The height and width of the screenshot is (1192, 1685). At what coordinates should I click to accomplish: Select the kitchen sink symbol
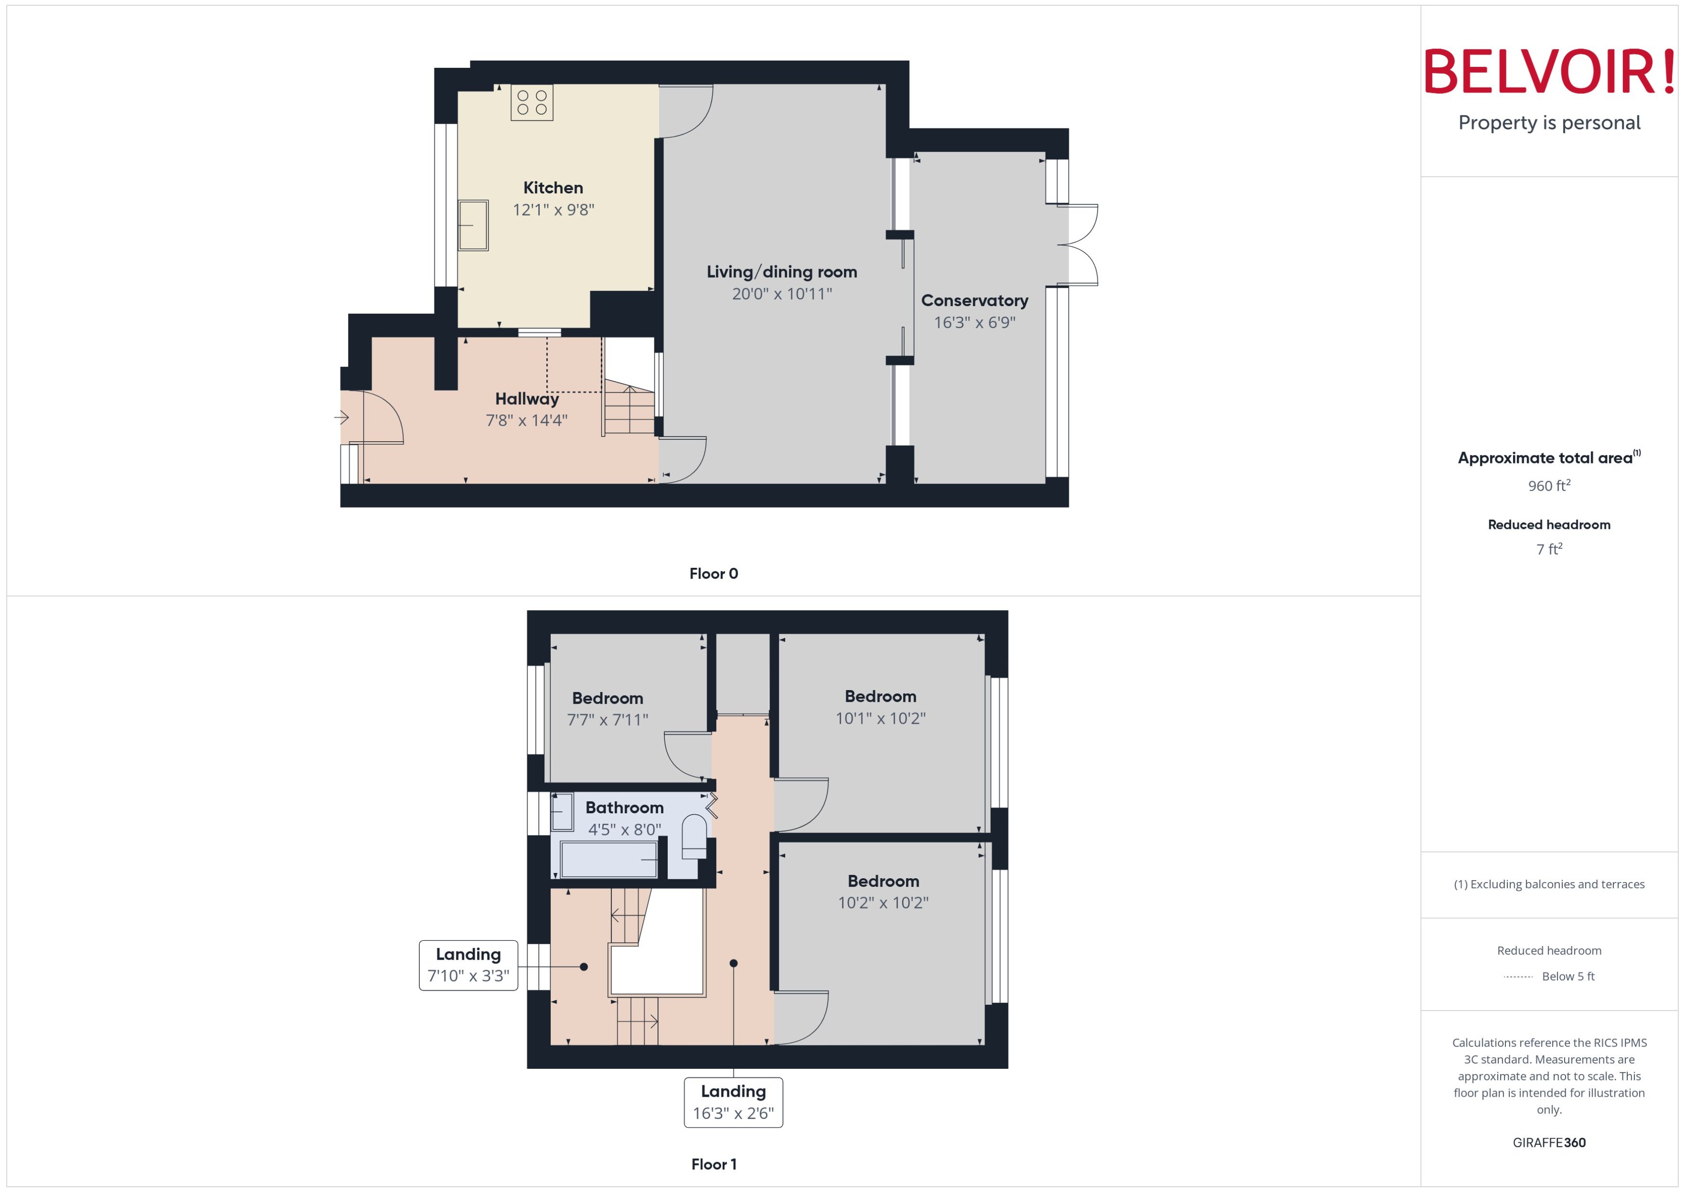(473, 225)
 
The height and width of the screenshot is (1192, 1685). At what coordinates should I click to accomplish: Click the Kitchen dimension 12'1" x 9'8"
(553, 210)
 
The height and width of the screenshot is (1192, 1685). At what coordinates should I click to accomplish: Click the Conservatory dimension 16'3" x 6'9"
(974, 322)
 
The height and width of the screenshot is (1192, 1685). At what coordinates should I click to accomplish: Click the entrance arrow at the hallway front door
(341, 418)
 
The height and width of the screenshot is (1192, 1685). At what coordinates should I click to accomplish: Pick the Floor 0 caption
(713, 574)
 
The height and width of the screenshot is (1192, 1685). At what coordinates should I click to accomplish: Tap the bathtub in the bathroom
(608, 859)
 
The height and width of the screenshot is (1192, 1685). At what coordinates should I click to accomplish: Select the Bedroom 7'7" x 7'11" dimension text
(607, 720)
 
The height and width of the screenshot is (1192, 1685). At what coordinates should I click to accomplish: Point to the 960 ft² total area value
(1548, 486)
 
